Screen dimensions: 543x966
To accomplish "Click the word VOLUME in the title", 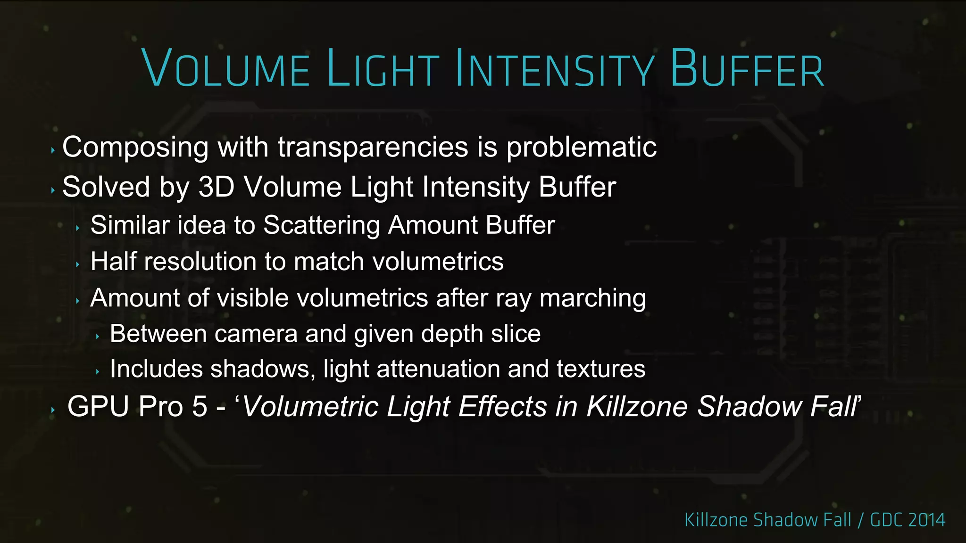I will [225, 68].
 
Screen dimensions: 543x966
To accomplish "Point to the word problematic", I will [581, 148].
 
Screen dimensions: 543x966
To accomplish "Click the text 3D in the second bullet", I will [217, 187].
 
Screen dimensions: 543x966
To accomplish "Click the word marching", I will [592, 298].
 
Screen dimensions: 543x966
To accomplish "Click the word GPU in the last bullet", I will [98, 406].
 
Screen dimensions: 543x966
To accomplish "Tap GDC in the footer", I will [885, 520].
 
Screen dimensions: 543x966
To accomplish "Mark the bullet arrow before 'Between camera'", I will [97, 337].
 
